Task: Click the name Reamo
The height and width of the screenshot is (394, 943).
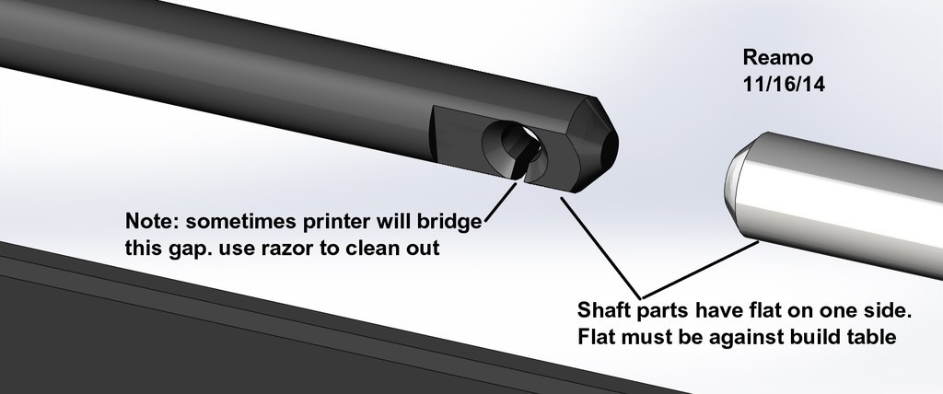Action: (776, 57)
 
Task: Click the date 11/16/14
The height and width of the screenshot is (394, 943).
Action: (782, 83)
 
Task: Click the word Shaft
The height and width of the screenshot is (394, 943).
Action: (604, 307)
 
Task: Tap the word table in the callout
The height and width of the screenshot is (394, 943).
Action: (871, 336)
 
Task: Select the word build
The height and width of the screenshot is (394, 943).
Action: (810, 336)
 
